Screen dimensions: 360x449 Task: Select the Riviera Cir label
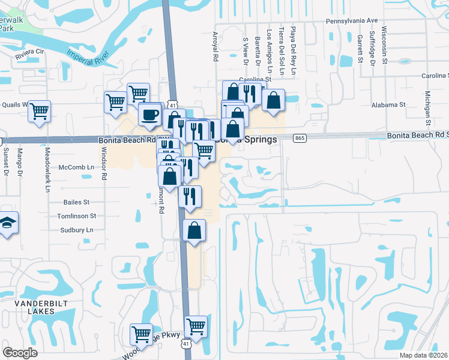pos(30,52)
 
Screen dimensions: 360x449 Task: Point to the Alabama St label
pos(388,104)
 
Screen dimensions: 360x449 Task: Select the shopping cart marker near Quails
pos(39,110)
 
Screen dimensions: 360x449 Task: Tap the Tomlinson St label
pos(76,216)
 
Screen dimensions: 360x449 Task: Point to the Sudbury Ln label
pos(77,230)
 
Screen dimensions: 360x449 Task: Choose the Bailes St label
pos(76,203)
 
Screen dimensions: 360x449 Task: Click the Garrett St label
pos(360,48)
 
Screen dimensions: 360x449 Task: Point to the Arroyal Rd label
pos(214,47)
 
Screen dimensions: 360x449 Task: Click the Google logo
pos(20,352)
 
